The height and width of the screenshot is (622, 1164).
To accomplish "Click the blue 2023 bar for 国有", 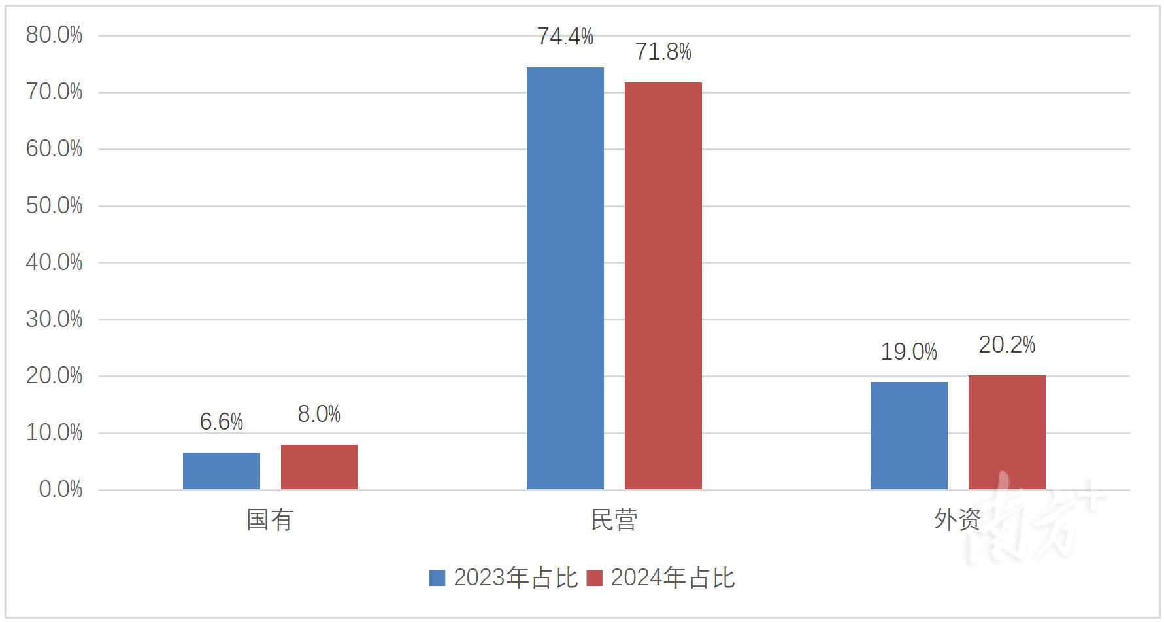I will (222, 471).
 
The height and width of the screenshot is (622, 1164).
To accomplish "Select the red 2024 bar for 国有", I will (319, 467).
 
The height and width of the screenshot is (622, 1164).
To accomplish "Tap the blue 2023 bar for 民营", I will (565, 278).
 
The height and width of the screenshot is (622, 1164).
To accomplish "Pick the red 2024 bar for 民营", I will (663, 286).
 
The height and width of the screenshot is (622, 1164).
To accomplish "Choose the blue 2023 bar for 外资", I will (909, 436).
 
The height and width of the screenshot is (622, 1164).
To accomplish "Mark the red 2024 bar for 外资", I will (1007, 432).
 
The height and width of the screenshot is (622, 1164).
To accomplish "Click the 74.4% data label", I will (565, 37).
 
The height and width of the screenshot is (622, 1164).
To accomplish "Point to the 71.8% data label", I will (663, 52).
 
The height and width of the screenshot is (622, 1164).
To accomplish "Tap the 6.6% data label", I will (222, 423).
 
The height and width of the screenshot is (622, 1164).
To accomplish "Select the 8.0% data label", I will (319, 415).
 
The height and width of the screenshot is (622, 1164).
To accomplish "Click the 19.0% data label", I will (909, 353).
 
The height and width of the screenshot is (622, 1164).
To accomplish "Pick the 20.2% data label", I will (1007, 345).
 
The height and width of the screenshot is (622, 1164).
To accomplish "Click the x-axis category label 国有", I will (269, 521).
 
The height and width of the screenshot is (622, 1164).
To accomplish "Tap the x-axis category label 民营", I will (614, 521).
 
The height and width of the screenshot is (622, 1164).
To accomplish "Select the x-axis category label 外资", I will (957, 521).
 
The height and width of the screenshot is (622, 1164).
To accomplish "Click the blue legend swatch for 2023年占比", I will (437, 578).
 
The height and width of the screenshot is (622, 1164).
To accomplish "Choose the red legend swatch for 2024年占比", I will (594, 578).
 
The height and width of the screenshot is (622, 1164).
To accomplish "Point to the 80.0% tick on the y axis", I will (54, 35).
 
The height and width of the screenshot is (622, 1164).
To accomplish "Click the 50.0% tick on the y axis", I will (54, 206).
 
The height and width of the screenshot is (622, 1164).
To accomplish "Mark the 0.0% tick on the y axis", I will (61, 490).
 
